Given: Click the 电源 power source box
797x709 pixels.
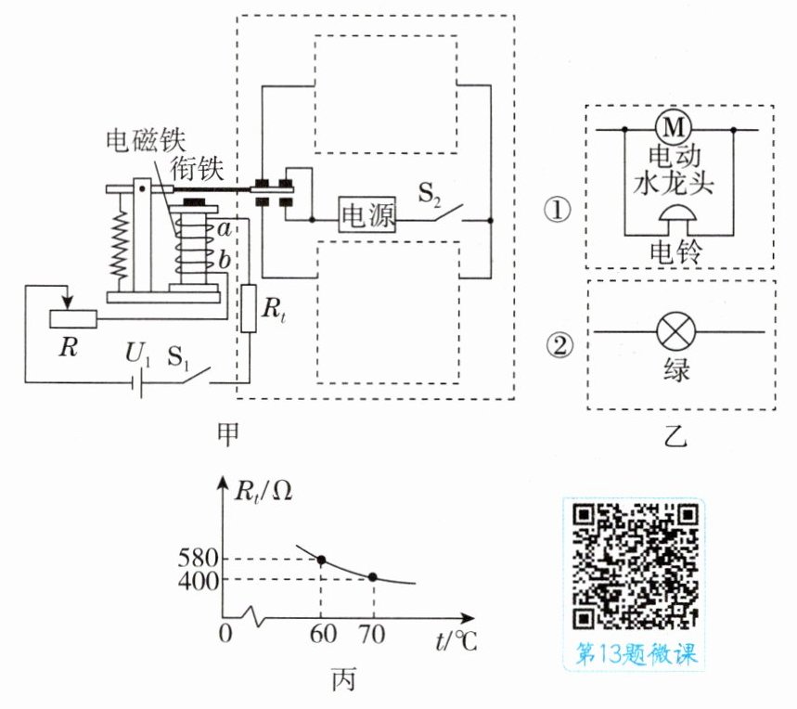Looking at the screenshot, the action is (x=367, y=214).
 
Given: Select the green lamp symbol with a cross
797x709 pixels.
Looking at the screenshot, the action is (x=675, y=331).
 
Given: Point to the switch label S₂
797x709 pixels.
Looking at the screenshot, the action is (x=429, y=195).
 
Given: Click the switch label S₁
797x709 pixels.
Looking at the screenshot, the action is (x=178, y=356).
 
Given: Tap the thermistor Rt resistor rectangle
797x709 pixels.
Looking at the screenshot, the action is (x=249, y=308).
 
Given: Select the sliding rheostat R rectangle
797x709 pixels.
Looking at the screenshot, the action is (x=73, y=318).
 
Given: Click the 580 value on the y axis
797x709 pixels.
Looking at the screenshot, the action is (x=199, y=559).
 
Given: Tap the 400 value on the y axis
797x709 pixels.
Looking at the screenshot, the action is (x=199, y=580).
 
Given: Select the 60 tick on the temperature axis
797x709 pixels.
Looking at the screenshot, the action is (x=323, y=634).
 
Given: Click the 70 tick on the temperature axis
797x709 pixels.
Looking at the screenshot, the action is (x=372, y=634).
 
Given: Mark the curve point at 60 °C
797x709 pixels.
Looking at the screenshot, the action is (x=321, y=560).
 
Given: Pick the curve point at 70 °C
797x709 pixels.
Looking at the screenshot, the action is (x=373, y=577).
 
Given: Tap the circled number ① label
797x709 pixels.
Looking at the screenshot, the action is (x=559, y=210).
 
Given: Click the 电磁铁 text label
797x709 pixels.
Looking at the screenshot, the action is (x=146, y=140).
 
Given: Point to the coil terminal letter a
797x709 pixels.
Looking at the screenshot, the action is (x=225, y=229).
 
